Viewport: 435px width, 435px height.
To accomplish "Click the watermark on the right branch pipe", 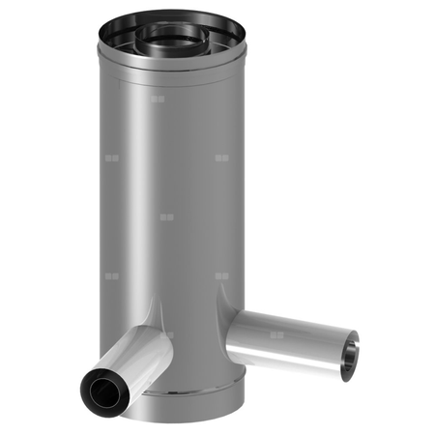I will tap(277, 335).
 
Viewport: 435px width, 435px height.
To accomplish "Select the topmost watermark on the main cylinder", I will tap(160, 98).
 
